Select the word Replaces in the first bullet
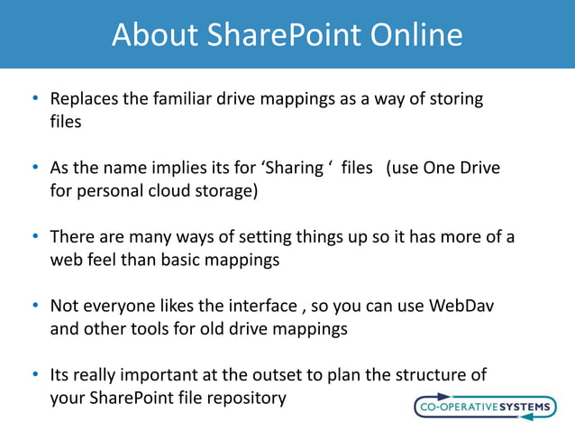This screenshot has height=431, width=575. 84,98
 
